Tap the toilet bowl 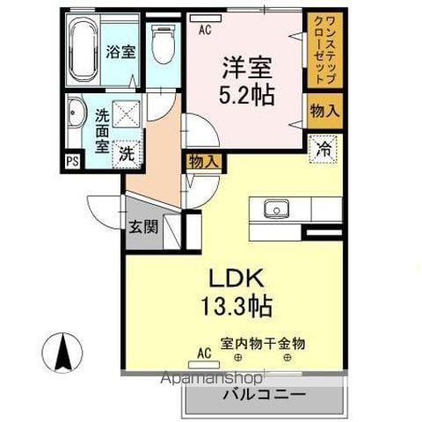(162, 44)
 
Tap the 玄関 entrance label (145, 227)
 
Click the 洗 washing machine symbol (127, 151)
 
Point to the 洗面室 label (102, 129)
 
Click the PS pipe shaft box (71, 162)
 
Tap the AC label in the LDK (204, 353)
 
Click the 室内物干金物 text (262, 345)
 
